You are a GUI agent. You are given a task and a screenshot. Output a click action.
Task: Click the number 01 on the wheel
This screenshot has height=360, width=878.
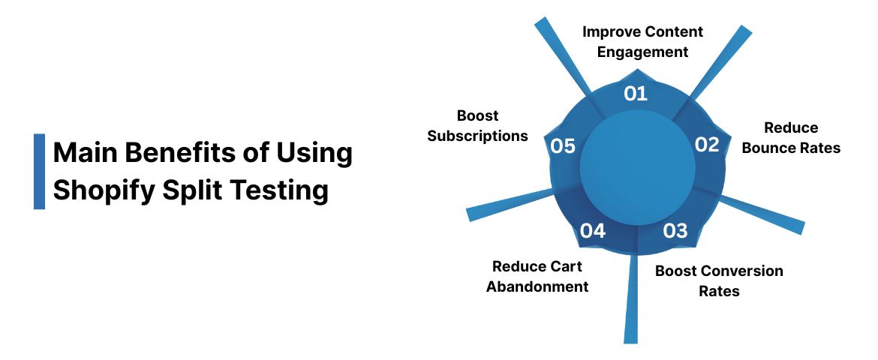point(636,93)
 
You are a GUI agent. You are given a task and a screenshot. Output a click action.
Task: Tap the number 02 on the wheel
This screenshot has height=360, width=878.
point(707,145)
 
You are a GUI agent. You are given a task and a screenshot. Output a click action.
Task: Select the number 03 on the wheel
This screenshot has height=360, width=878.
point(675,230)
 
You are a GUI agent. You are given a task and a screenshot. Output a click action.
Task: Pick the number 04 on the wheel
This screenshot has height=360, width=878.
point(592,230)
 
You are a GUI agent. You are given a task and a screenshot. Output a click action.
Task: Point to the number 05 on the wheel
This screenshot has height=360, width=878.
point(563,145)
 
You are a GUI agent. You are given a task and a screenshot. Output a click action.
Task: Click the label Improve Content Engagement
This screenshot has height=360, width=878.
point(643,42)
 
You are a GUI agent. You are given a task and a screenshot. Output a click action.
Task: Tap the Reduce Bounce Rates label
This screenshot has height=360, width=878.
point(791,138)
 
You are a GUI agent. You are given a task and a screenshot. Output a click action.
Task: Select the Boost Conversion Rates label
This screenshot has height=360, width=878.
point(719,280)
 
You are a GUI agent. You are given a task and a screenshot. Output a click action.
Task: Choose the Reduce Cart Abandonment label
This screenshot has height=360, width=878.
point(537,276)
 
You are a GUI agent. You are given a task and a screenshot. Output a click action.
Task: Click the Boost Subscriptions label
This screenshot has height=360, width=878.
point(478,126)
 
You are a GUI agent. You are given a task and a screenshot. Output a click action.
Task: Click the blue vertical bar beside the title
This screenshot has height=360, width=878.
point(39,171)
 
